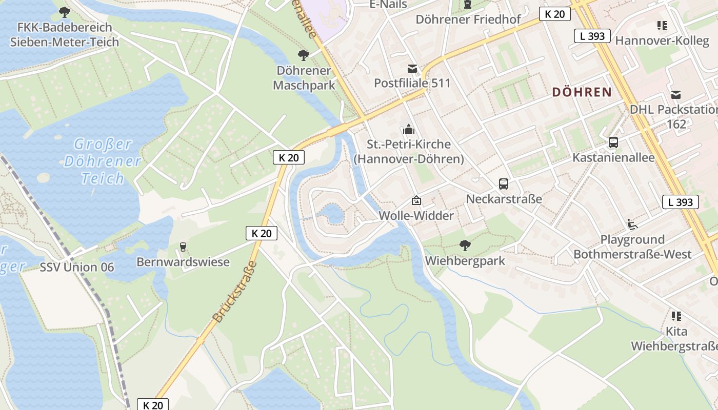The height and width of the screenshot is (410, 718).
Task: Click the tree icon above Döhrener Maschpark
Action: [x=304, y=55]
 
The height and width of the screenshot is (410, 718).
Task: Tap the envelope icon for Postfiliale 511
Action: [x=412, y=68]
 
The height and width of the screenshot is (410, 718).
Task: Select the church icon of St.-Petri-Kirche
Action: [x=408, y=129]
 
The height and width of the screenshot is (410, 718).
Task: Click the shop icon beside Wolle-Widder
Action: [x=416, y=200]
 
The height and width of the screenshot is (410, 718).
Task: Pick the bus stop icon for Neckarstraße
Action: [x=503, y=184]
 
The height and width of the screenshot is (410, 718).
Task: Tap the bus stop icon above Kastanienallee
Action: [x=613, y=142]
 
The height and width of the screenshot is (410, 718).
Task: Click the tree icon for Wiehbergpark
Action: [x=465, y=245]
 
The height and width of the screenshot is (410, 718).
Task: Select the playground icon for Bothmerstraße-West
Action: [x=632, y=224]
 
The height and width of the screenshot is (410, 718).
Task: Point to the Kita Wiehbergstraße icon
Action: [x=676, y=316]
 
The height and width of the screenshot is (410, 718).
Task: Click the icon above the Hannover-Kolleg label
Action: [x=662, y=25]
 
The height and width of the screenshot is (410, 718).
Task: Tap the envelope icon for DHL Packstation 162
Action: [x=676, y=94]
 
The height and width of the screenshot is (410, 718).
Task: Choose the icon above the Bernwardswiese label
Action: [x=183, y=247]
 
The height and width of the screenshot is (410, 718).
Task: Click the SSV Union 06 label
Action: [x=77, y=267]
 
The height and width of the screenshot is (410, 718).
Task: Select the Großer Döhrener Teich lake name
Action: [x=103, y=161]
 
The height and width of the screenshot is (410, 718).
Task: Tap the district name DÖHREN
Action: [x=582, y=92]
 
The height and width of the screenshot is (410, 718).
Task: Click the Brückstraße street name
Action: [x=234, y=292]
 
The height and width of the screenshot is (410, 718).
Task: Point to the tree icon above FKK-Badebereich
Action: [x=64, y=12]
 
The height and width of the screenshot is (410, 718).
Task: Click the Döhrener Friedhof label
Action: [x=468, y=19]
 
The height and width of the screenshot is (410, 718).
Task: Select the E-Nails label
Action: [x=388, y=5]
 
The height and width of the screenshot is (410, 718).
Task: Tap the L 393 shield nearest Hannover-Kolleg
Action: [x=592, y=36]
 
